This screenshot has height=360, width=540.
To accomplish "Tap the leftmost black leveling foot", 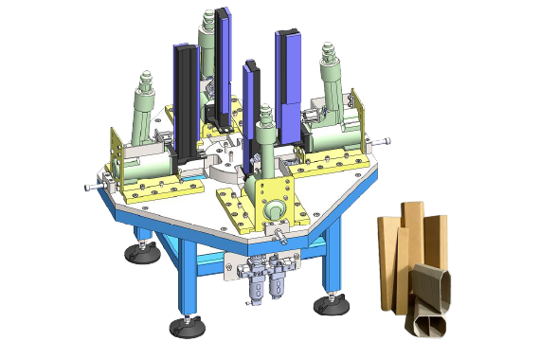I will point(138,252).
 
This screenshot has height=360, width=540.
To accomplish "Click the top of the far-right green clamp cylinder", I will point(330,46).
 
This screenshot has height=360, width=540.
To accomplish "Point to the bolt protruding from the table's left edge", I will point(87,188).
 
